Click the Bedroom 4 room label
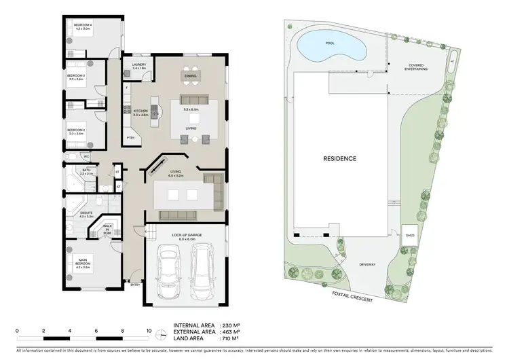point(83,26)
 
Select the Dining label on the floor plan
point(190,76)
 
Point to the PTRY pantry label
point(130,139)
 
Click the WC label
point(77,157)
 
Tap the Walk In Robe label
point(107,229)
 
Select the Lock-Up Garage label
point(183,237)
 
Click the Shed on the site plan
point(410,236)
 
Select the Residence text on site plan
point(339,158)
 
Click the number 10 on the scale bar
point(149,331)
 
